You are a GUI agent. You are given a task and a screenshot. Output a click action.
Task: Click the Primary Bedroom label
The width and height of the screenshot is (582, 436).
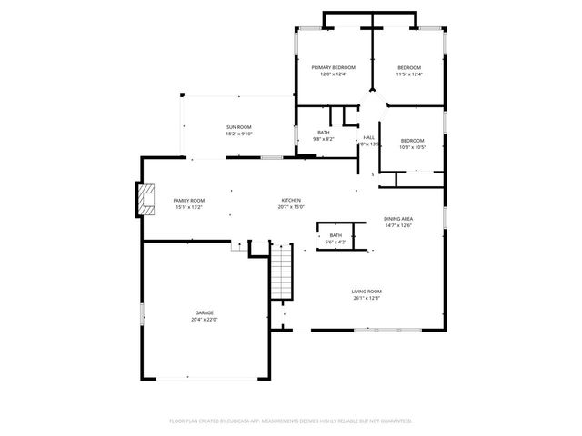[334, 68]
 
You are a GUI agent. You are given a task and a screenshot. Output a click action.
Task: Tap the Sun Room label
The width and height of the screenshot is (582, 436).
[239, 126]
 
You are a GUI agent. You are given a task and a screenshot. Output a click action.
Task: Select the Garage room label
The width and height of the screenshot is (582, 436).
[204, 312]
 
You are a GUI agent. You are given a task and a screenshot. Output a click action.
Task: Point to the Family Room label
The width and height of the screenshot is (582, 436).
[189, 200]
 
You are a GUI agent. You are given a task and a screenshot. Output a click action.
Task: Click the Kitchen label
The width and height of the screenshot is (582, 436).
[291, 200]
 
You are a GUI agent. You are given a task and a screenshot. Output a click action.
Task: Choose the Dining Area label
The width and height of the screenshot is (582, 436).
[398, 219]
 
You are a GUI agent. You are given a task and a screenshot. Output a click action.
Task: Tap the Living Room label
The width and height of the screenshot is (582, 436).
[366, 292]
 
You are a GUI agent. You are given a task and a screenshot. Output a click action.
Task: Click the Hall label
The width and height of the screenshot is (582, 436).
[369, 137]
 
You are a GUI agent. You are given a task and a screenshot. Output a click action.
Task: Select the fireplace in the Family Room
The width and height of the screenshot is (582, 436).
[143, 200]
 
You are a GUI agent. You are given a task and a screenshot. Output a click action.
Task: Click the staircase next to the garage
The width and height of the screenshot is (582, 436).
[283, 272]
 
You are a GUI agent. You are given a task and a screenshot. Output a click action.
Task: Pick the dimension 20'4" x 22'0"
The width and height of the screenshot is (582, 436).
[204, 320]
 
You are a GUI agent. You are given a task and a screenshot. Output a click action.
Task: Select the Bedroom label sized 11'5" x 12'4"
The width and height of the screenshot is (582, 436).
[409, 68]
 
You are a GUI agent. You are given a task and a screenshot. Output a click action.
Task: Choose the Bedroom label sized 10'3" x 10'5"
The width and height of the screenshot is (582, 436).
[413, 140]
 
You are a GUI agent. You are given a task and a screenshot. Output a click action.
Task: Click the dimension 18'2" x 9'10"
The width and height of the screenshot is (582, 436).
[239, 134]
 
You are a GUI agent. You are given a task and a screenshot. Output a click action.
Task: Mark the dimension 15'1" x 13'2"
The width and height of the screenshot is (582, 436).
[189, 207]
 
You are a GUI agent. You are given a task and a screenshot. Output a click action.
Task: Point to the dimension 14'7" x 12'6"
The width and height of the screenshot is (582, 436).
[398, 226]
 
